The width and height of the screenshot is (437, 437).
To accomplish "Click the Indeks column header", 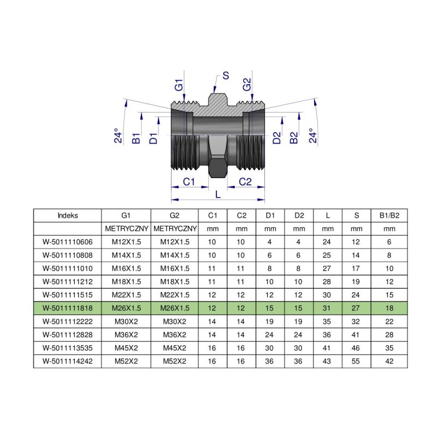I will click(x=67, y=215).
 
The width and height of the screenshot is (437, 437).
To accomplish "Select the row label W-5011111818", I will click(x=67, y=309).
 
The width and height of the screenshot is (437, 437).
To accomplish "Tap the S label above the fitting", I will click(x=225, y=76).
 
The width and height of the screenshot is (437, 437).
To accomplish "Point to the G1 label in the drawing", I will click(x=179, y=85).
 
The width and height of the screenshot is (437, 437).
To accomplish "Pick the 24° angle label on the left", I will click(x=117, y=135).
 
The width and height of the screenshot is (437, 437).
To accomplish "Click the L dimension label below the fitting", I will click(x=218, y=194).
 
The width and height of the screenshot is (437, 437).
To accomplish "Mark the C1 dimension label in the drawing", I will click(x=189, y=181).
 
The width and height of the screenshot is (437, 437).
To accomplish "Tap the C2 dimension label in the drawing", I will click(x=246, y=181).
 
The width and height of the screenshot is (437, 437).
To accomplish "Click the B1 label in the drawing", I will click(x=137, y=138).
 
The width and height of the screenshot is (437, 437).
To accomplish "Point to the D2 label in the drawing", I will click(x=277, y=138).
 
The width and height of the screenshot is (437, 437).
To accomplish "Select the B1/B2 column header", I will click(x=389, y=215).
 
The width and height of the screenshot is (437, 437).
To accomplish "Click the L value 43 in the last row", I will click(x=327, y=361).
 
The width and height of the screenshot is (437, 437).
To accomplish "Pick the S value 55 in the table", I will click(x=357, y=361).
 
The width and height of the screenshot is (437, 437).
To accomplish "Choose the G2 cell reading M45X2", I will click(x=175, y=348).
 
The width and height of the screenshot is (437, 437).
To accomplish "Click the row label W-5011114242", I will click(x=67, y=361).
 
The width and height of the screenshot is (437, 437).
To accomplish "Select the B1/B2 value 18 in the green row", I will click(x=389, y=309).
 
